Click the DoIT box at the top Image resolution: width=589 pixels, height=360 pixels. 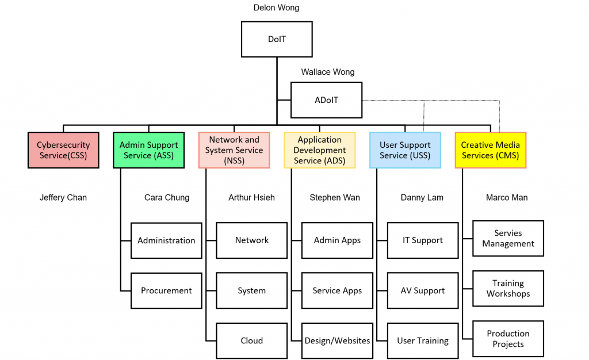pyautogui.click(x=277, y=39)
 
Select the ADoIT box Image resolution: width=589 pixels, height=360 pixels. pyautogui.click(x=326, y=100)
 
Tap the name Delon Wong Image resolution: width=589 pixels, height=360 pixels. pyautogui.click(x=277, y=8)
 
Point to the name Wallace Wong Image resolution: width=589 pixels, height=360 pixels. pyautogui.click(x=328, y=72)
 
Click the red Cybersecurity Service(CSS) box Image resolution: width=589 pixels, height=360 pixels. pyautogui.click(x=63, y=150)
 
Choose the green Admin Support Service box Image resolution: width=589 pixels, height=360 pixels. pyautogui.click(x=149, y=150)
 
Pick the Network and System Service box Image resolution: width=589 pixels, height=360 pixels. pyautogui.click(x=234, y=150)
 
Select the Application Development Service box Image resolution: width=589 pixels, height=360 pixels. pyautogui.click(x=320, y=150)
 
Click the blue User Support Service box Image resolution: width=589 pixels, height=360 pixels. pyautogui.click(x=406, y=150)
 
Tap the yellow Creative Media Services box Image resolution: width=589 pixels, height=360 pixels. pyautogui.click(x=490, y=150)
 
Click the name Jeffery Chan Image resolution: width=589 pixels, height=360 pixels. pyautogui.click(x=63, y=198)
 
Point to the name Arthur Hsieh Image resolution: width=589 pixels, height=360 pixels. pyautogui.click(x=251, y=198)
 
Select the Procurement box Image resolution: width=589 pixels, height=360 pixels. pyautogui.click(x=166, y=291)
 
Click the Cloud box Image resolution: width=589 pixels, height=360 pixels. pyautogui.click(x=251, y=341)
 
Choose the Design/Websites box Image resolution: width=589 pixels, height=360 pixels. pyautogui.click(x=337, y=341)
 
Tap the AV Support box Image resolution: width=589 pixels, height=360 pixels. pyautogui.click(x=423, y=291)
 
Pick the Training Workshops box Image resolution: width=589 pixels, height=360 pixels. pyautogui.click(x=508, y=289)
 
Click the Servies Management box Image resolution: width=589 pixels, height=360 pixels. pyautogui.click(x=508, y=239)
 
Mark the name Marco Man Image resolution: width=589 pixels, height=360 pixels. pyautogui.click(x=507, y=198)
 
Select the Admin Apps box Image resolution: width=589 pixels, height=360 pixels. pyautogui.click(x=337, y=240)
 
